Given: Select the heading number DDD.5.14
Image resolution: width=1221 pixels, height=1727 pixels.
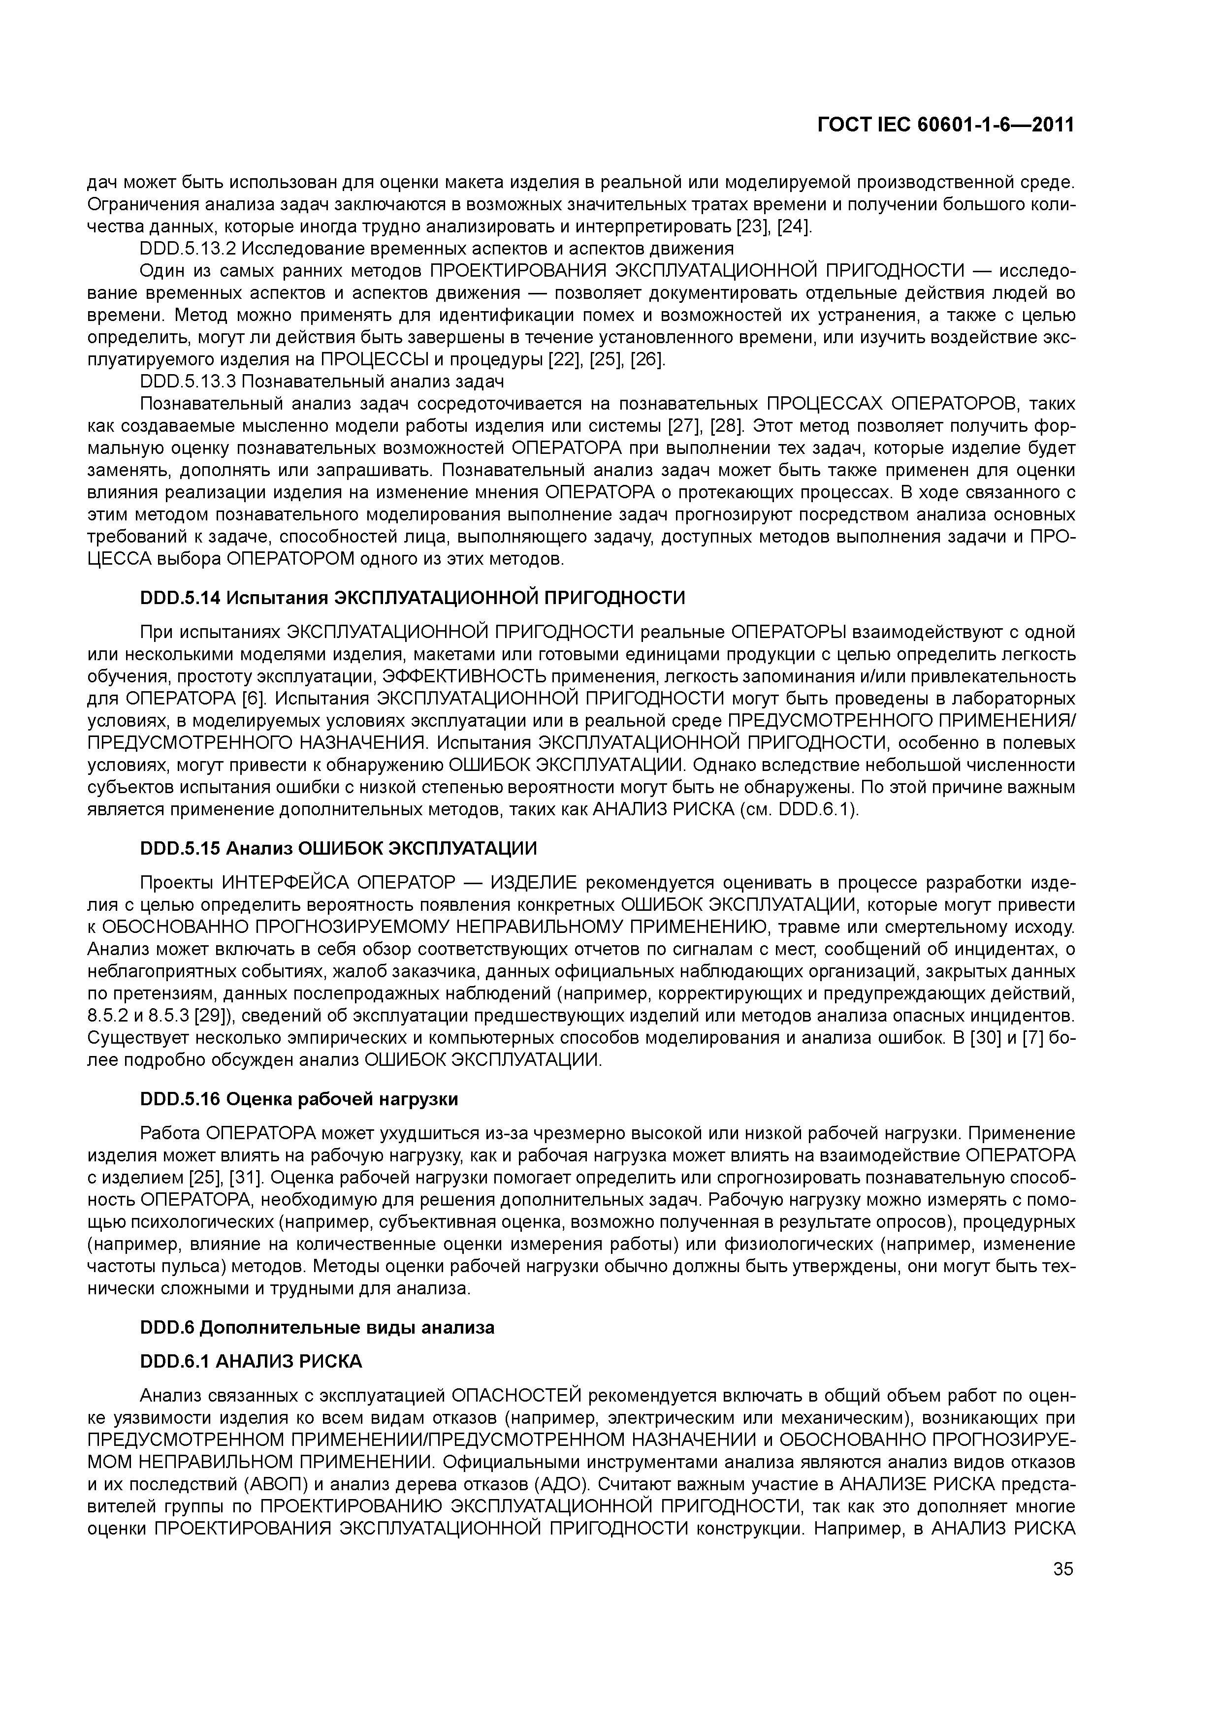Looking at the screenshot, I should pyautogui.click(x=181, y=598).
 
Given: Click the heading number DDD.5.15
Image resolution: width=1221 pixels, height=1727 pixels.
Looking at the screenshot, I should pyautogui.click(x=181, y=848).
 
